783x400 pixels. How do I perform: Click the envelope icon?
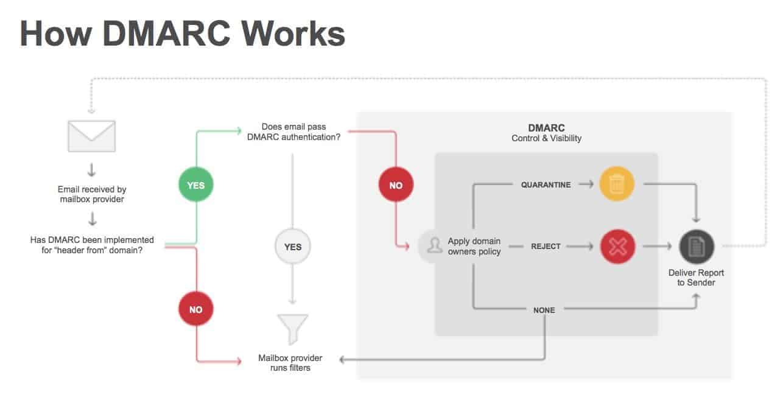coord(92,136)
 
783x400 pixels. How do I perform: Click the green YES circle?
coord(195,184)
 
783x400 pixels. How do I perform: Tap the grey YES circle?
coord(293,247)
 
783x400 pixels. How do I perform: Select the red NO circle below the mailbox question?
coord(195,309)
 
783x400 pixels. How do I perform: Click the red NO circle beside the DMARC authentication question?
coord(396,184)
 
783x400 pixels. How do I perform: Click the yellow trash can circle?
coord(617,184)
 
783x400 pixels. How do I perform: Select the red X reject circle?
coord(617,247)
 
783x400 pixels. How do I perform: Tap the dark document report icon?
coord(697,247)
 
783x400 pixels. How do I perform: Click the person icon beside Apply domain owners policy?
coord(434,246)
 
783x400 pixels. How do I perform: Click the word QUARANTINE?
coord(546,184)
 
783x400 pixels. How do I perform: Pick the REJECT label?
coord(545,247)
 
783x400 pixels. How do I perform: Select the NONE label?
coord(544,310)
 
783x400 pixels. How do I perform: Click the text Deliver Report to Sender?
coord(696,278)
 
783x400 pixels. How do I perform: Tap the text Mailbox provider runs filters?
coord(290,363)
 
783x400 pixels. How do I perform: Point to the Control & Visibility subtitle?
coord(546,138)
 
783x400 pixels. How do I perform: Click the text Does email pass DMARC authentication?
coord(293,132)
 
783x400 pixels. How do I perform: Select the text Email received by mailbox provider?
coord(92,194)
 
